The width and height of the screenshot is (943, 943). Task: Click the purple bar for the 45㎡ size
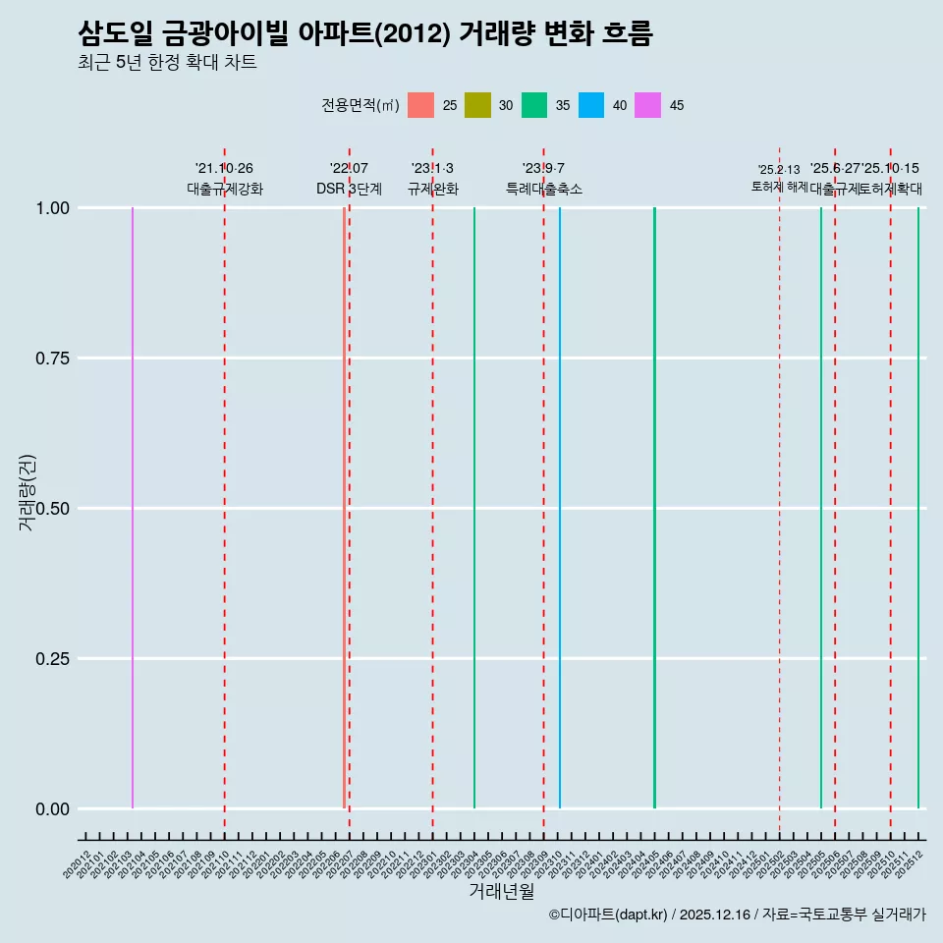click(133, 508)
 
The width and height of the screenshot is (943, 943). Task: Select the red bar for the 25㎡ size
click(344, 508)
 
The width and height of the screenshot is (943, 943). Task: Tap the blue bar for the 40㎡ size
click(560, 508)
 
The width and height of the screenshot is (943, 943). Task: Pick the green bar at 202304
click(474, 508)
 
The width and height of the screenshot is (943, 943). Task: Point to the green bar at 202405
click(654, 508)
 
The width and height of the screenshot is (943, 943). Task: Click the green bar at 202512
click(918, 508)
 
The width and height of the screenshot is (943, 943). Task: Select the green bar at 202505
click(821, 508)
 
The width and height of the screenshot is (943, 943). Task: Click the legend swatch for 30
click(477, 105)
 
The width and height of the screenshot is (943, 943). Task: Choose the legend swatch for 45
click(648, 105)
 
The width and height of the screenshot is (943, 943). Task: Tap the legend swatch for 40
click(591, 105)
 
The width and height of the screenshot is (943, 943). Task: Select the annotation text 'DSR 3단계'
click(349, 189)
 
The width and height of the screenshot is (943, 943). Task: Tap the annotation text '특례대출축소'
click(544, 189)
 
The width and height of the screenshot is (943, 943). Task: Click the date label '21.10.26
click(224, 169)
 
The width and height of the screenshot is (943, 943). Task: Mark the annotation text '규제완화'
click(432, 189)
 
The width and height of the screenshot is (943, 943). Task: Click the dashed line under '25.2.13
click(780, 491)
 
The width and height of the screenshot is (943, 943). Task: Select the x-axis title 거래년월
click(501, 892)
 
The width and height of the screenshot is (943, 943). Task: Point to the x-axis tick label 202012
click(78, 864)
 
